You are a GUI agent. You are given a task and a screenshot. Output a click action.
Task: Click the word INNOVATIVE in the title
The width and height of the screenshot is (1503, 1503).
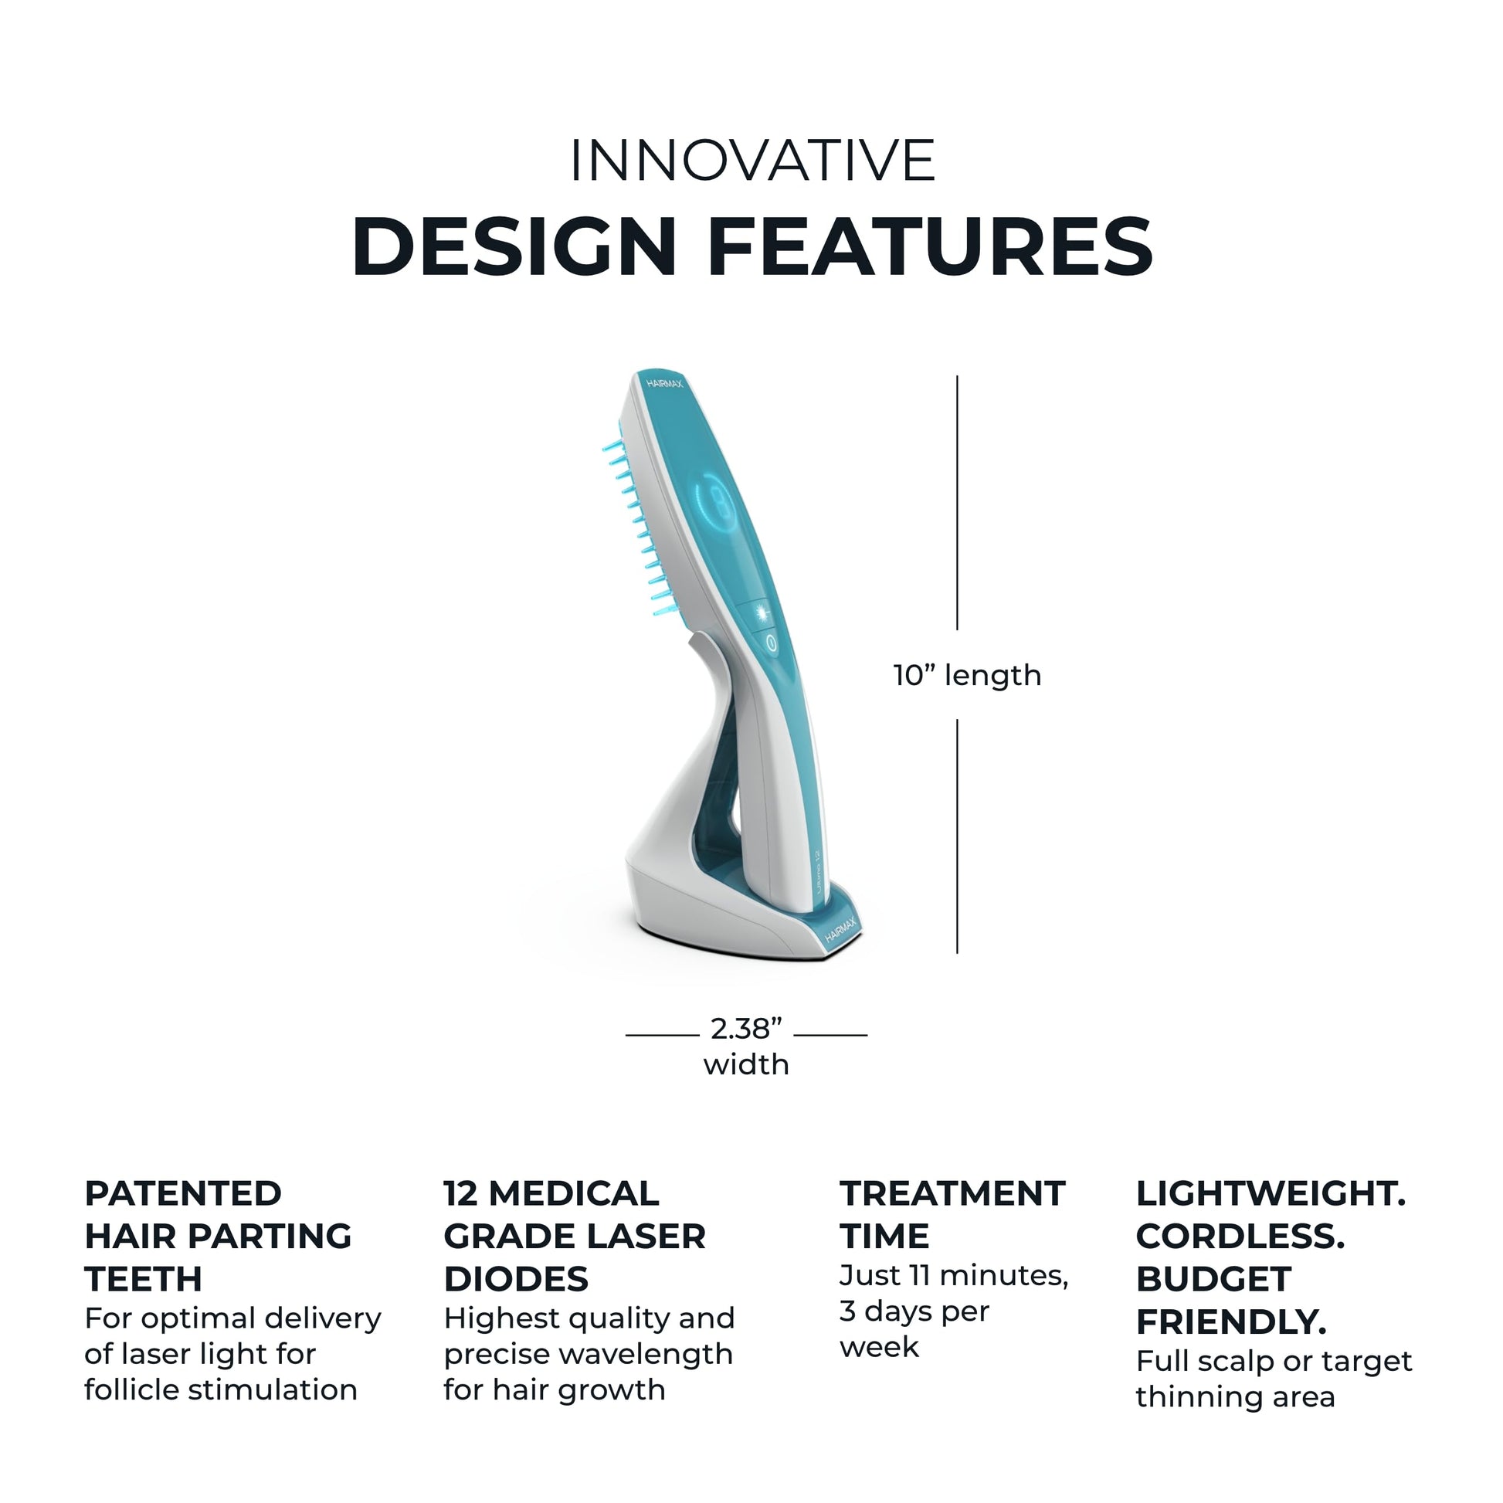pyautogui.click(x=751, y=161)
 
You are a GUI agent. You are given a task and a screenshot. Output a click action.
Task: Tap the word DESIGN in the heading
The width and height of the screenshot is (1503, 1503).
pyautogui.click(x=514, y=247)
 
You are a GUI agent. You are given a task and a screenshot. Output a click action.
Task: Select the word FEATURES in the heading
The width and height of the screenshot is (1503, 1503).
pyautogui.click(x=930, y=247)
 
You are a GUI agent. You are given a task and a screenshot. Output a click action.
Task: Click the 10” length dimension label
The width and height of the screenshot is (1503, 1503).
pyautogui.click(x=966, y=675)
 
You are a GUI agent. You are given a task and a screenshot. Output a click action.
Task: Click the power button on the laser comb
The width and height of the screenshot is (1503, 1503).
pyautogui.click(x=770, y=643)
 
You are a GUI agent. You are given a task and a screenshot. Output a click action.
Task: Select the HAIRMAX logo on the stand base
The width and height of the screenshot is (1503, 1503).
pyautogui.click(x=840, y=931)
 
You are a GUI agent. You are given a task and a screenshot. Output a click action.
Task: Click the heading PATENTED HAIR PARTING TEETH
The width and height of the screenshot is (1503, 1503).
pyautogui.click(x=218, y=1237)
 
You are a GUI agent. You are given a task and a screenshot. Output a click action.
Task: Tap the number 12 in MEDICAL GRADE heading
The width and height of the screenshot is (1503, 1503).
pyautogui.click(x=460, y=1193)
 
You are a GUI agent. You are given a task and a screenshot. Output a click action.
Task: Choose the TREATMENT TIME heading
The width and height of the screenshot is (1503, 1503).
pyautogui.click(x=951, y=1214)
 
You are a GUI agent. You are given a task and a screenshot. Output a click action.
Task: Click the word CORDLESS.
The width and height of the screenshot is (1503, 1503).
pyautogui.click(x=1240, y=1237)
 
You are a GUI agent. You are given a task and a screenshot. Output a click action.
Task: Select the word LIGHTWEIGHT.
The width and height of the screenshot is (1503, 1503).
pyautogui.click(x=1271, y=1193)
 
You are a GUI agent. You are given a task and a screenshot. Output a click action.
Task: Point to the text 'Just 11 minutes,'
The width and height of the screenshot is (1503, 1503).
pyautogui.click(x=953, y=1275)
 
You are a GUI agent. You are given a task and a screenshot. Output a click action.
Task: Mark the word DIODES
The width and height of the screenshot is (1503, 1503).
pyautogui.click(x=516, y=1279)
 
